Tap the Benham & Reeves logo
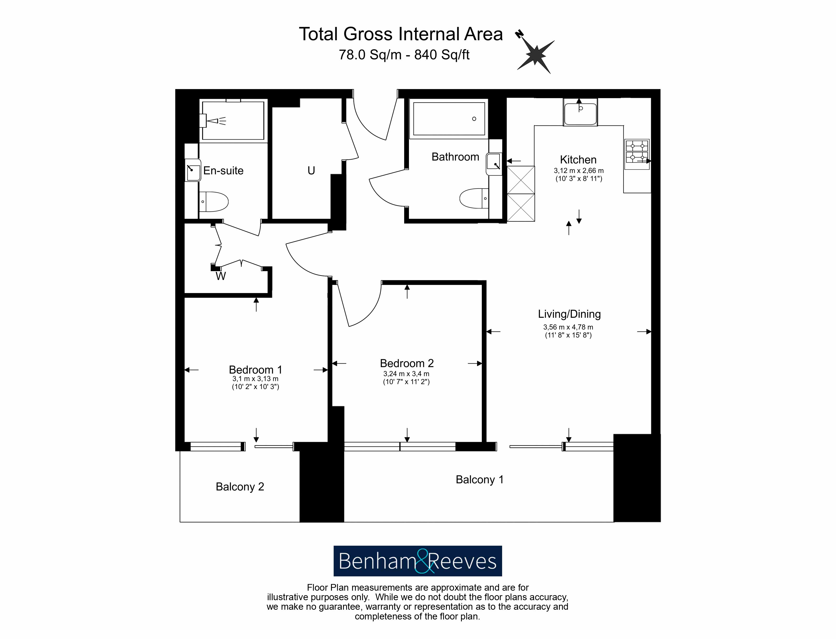point(418,561)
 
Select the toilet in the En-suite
point(214,202)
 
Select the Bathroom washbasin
point(494,164)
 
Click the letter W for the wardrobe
point(221,276)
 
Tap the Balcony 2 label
point(240,487)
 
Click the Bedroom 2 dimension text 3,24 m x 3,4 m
point(406,374)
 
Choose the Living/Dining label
point(569,314)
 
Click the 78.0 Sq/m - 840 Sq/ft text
point(404,55)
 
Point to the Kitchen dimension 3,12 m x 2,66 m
point(579,171)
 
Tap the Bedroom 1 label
point(255,370)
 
